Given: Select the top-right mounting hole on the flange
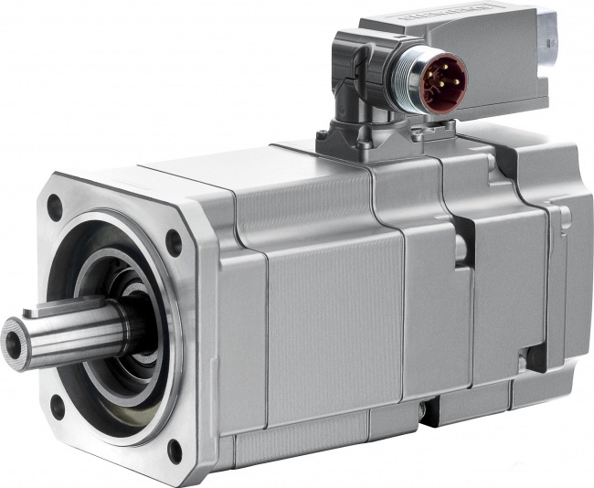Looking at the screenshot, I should pyautogui.click(x=173, y=243).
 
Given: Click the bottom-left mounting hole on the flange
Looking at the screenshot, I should pyautogui.click(x=58, y=405).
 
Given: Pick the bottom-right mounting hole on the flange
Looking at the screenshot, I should pyautogui.click(x=175, y=451).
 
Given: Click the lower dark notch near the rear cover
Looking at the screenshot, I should pyautogui.click(x=538, y=357).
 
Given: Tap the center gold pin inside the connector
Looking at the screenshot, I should pyautogui.click(x=445, y=81).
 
